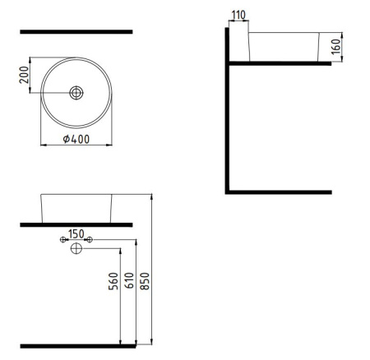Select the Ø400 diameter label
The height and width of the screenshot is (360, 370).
(76, 140)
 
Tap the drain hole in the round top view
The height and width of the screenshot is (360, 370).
(76, 93)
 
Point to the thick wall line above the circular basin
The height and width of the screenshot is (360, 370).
(76, 31)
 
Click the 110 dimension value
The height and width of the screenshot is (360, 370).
(239, 16)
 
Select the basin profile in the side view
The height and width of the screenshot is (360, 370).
(283, 47)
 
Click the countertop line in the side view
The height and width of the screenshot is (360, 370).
(280, 62)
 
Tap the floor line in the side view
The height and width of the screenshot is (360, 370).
(280, 192)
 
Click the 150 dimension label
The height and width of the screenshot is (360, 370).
(76, 234)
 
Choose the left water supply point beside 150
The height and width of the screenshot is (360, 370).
(63, 240)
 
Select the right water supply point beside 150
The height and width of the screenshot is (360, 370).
(90, 240)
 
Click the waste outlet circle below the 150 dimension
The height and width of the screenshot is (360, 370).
(76, 248)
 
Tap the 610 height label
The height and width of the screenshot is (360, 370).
(128, 284)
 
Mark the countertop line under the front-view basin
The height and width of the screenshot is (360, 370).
(76, 224)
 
